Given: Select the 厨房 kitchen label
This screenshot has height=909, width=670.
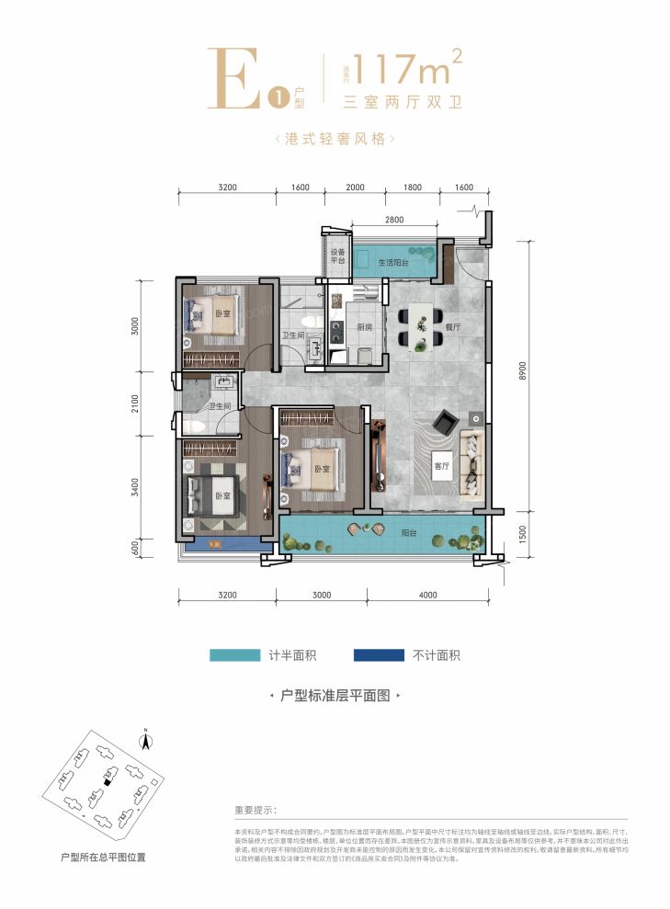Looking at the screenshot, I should (x=364, y=327).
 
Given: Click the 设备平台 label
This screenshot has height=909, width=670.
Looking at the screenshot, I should (x=337, y=256).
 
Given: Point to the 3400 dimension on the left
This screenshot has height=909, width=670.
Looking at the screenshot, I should (x=135, y=485).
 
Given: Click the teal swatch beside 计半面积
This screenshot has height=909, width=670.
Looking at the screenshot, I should (x=234, y=655).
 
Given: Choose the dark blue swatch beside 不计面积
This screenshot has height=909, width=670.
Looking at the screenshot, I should (x=379, y=655).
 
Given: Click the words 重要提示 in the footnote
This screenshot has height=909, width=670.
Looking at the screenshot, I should (x=256, y=811).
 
